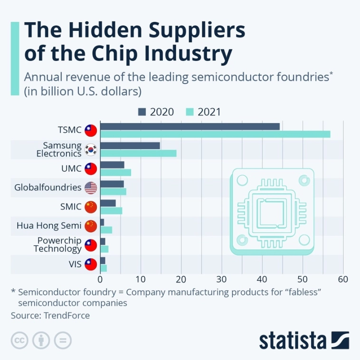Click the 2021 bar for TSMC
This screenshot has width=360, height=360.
click(215, 134)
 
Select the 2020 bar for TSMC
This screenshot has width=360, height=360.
click(190, 126)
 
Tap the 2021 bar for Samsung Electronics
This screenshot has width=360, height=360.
click(138, 153)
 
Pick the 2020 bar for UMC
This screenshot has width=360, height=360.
click(112, 165)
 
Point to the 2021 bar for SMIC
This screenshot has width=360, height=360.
click(111, 210)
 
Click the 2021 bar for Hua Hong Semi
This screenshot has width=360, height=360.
click(106, 230)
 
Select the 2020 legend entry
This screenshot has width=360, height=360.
click(156, 112)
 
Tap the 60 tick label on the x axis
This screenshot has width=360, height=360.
click(343, 279)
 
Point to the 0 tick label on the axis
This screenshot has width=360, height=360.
click(101, 279)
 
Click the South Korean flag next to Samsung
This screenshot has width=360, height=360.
click(90, 150)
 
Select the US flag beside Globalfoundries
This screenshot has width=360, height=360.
click(90, 188)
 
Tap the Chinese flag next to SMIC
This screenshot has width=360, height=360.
click(90, 207)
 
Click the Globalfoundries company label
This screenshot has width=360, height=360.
click(48, 188)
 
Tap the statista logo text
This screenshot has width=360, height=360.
click(293, 341)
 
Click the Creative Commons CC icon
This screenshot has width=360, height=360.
click(19, 340)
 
